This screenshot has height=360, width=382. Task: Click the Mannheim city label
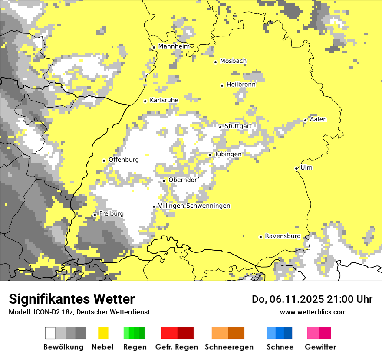point(174,46)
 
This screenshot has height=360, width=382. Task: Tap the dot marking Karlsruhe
point(145,101)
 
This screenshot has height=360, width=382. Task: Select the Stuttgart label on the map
point(238,126)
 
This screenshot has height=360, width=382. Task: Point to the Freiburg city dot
point(95,215)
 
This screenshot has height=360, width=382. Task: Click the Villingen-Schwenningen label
point(194,206)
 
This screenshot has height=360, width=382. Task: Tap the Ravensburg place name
point(283,236)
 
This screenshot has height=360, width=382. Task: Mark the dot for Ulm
point(296,168)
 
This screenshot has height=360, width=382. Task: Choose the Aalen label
point(318,119)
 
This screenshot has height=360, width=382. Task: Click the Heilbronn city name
point(241,85)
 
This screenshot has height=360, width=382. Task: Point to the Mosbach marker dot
point(215,62)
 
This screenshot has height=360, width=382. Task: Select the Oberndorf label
point(184,180)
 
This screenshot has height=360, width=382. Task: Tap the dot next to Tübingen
point(210,155)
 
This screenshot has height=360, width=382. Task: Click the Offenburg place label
point(124,160)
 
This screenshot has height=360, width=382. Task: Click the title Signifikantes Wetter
point(72,299)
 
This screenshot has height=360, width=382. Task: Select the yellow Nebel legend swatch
point(103,333)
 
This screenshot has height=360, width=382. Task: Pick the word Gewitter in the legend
point(320,347)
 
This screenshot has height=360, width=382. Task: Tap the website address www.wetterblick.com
point(313,312)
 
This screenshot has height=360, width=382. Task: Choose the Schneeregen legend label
point(229,347)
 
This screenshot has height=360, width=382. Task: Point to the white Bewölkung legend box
point(50,333)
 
